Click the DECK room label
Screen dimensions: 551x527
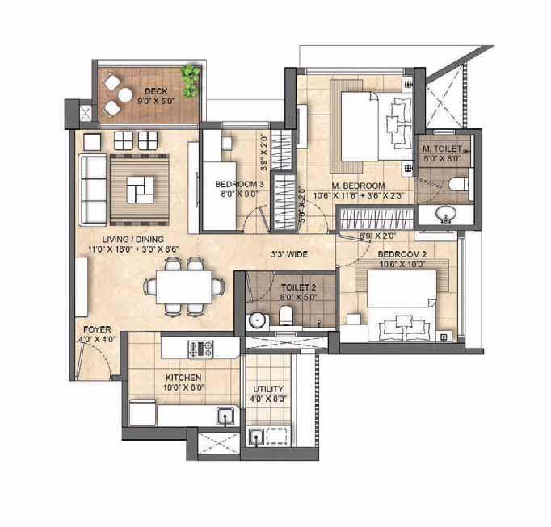point(156,92)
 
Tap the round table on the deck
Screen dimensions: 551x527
point(125,94)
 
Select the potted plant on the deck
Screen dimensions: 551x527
point(191,81)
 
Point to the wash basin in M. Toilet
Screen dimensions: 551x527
point(446,213)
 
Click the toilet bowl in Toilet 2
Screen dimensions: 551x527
point(286,315)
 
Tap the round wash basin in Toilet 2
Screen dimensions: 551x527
point(257,320)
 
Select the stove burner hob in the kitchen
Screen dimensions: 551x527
point(200,349)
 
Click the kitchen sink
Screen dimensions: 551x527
point(225,416)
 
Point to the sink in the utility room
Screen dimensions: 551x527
point(257,437)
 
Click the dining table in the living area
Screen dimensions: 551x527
point(184,287)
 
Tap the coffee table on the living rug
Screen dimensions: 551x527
point(140,190)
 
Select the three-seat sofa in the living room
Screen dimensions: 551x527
point(94,190)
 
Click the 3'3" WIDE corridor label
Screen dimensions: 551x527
point(289,254)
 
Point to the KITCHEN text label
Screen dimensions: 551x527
point(183,378)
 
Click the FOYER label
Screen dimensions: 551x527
point(97,330)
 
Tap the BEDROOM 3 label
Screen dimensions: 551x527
point(239,184)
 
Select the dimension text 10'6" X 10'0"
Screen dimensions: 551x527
point(402,264)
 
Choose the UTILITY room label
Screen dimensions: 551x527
point(268,389)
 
